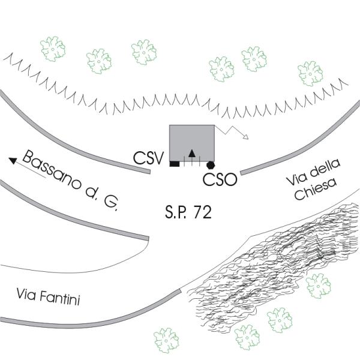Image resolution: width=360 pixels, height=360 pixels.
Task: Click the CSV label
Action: coord(149,159)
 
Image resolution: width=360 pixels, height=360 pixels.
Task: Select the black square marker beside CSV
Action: coord(174,164)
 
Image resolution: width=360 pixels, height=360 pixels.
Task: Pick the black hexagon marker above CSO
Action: coord(211,164)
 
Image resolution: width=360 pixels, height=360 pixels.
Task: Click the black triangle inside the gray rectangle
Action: coord(191,152)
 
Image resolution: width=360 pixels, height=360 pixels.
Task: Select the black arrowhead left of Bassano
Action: coord(13,160)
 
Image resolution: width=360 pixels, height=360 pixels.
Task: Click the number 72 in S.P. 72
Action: coord(202,212)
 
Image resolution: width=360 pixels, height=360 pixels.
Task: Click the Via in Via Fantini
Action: coord(26,295)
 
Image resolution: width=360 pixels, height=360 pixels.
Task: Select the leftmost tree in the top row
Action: coord(52,46)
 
